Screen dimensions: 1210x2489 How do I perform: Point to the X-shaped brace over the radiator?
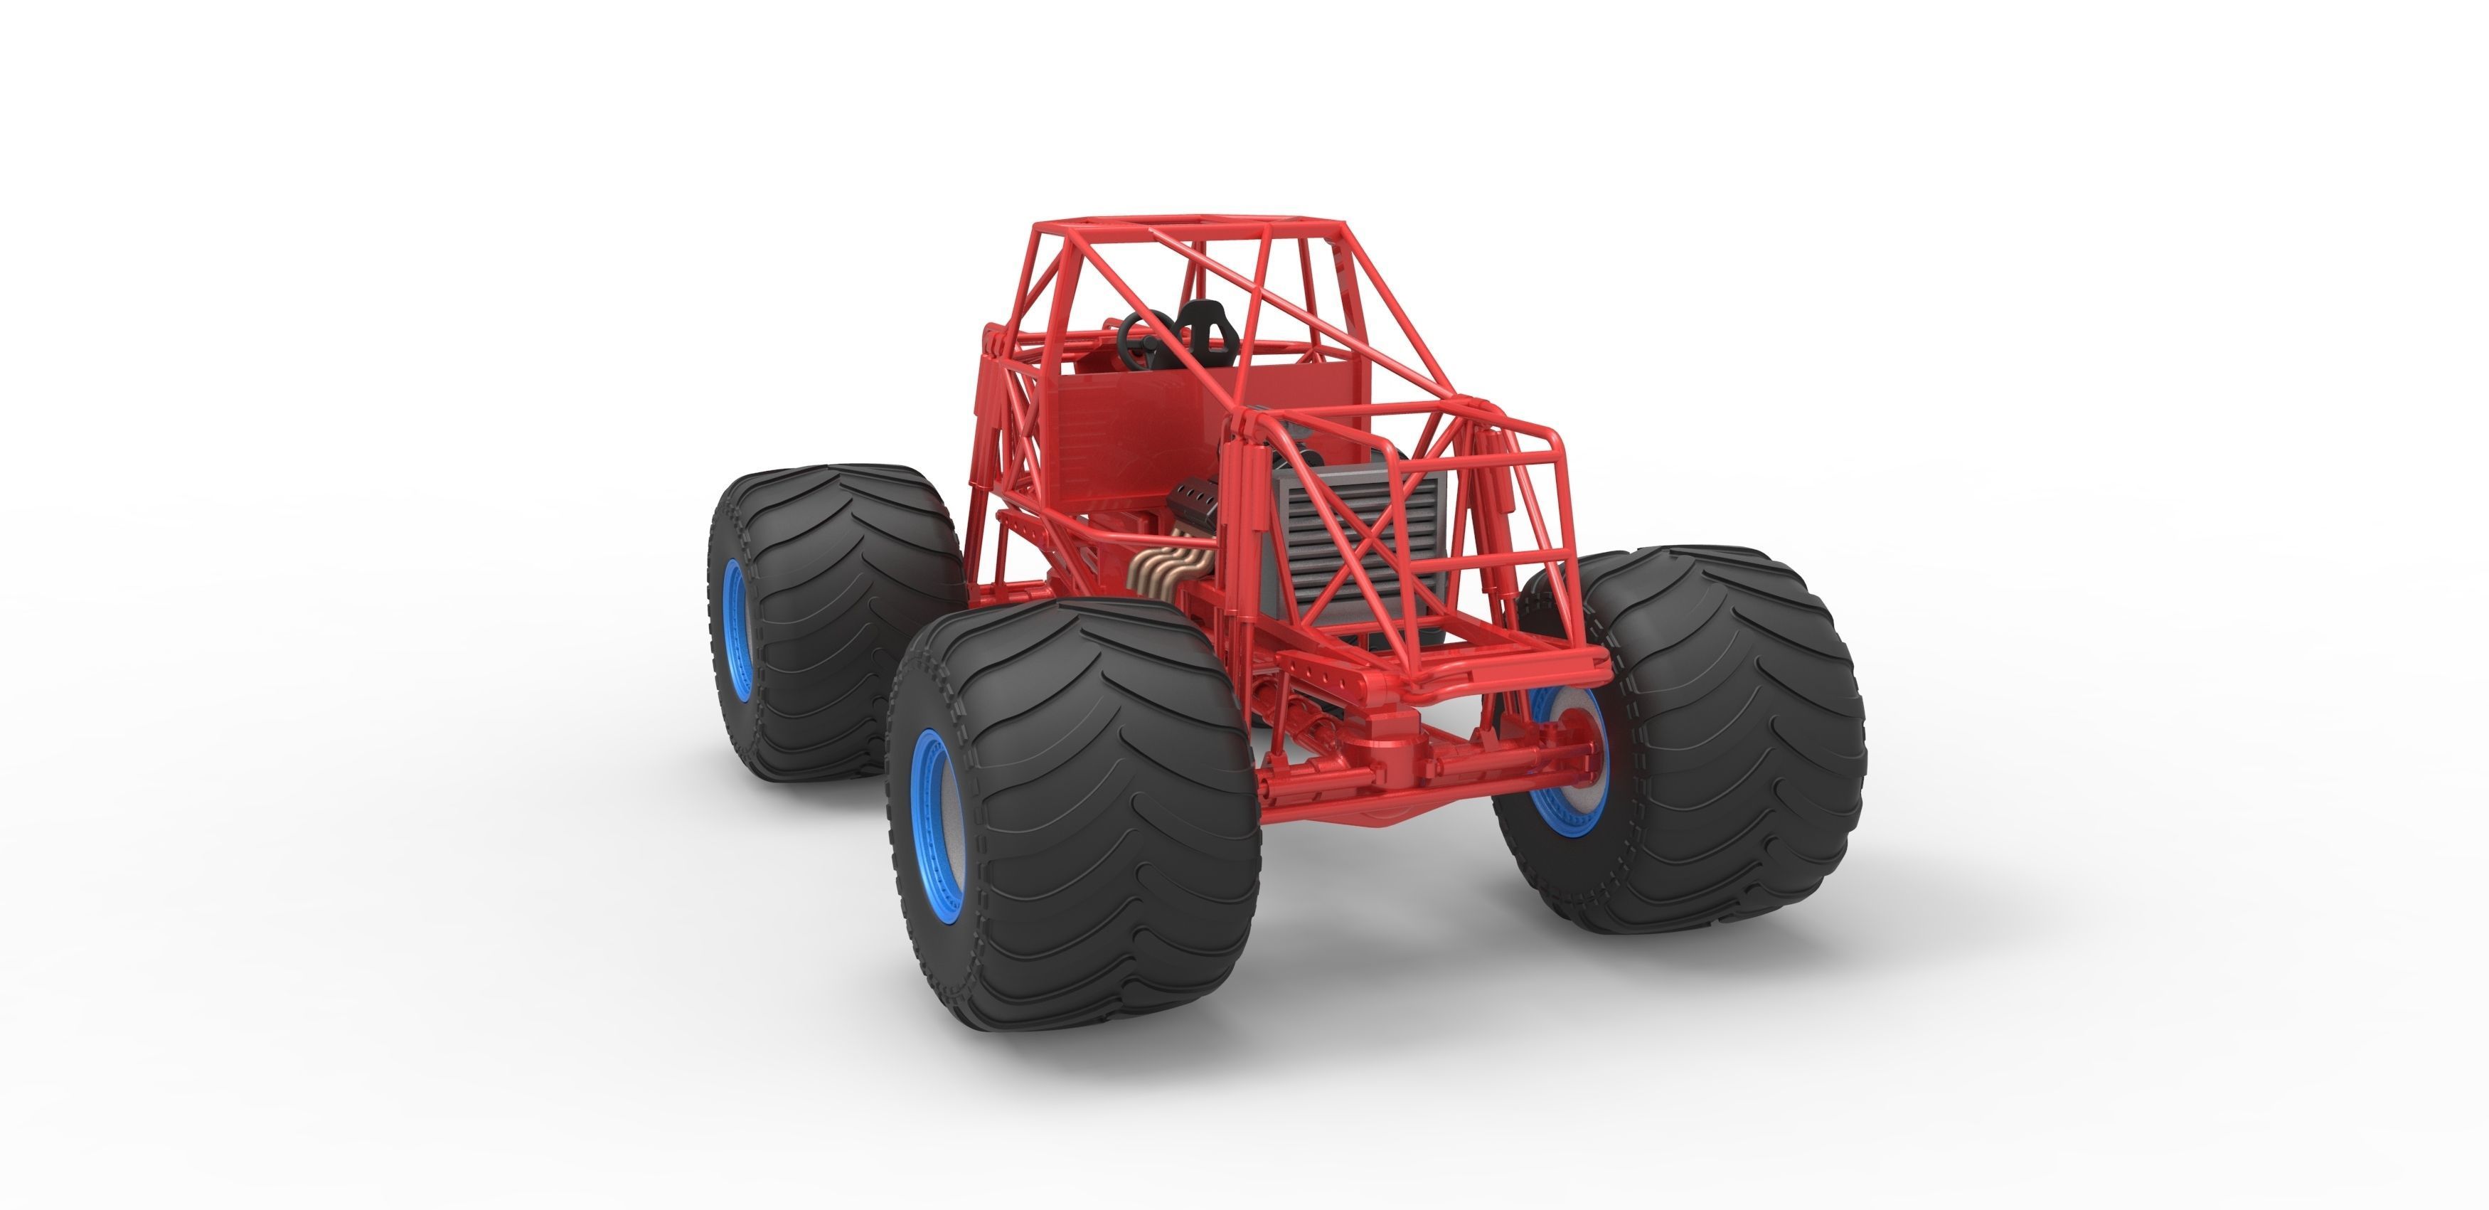[x=1372, y=541]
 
